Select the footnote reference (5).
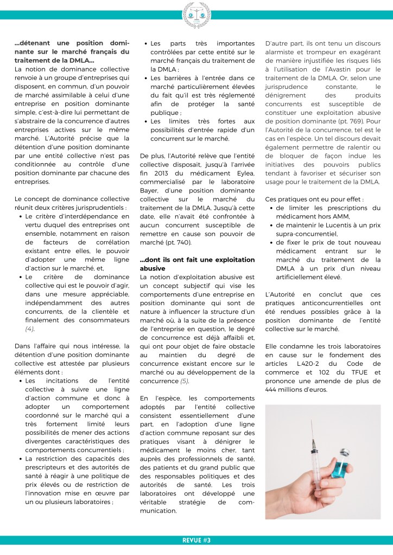(185, 381)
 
